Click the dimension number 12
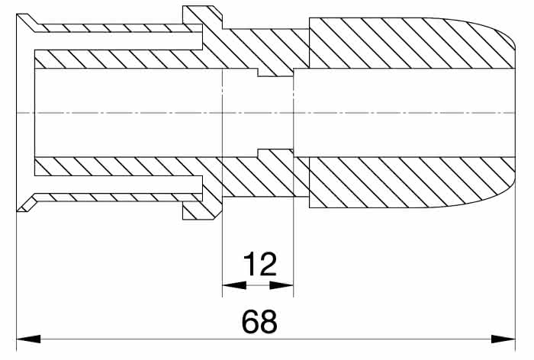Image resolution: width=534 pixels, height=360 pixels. tap(259, 264)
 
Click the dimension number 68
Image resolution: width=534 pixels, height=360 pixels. tap(259, 322)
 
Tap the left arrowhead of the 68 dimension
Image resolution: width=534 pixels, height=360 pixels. tap(29, 339)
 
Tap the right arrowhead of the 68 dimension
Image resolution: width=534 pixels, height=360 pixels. tap(503, 339)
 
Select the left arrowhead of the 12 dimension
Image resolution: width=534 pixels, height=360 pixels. tap(234, 285)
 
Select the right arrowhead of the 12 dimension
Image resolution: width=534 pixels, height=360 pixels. tap(281, 285)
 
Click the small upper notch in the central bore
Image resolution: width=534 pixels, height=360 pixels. tap(275, 72)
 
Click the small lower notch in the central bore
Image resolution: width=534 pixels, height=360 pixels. tap(275, 153)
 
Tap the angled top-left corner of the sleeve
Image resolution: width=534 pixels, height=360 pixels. tap(28, 21)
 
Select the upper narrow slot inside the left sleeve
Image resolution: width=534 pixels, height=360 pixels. tap(118, 41)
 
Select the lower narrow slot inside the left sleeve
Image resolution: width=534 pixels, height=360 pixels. tap(118, 185)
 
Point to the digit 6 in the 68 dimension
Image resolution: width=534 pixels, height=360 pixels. tap(250, 322)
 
